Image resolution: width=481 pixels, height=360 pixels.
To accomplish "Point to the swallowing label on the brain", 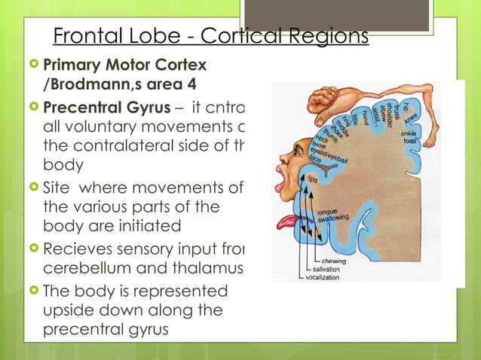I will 335,217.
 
